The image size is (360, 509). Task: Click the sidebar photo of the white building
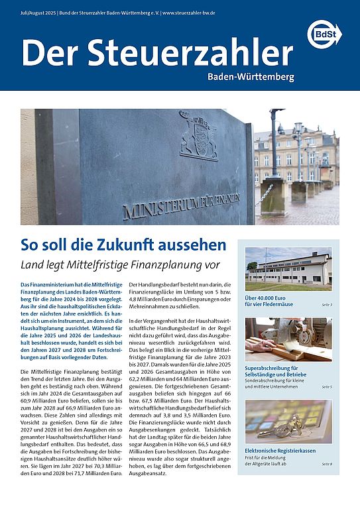288,268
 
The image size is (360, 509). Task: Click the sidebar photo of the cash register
288,422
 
